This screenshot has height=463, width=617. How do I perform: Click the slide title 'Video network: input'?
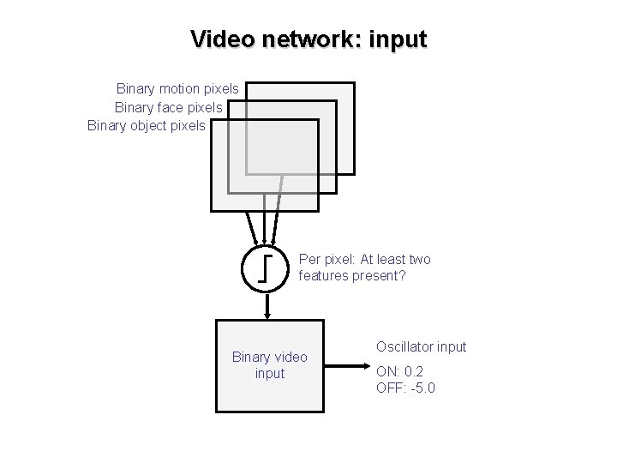point(308,39)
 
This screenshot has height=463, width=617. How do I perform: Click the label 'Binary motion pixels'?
point(177,88)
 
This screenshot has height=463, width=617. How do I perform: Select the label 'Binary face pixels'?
point(168,107)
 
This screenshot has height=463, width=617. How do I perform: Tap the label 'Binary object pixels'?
point(147,126)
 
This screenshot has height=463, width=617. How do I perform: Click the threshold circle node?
point(267,268)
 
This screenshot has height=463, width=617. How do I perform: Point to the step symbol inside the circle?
point(267,268)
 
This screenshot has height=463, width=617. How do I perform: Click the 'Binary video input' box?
point(268,366)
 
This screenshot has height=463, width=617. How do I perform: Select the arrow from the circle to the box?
point(267,306)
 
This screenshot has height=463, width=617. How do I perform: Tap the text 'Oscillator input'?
point(421,347)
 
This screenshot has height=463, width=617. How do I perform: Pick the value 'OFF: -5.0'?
point(405,388)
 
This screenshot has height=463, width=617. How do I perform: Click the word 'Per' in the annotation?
point(309,260)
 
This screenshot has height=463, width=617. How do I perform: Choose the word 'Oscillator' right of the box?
point(404,347)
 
